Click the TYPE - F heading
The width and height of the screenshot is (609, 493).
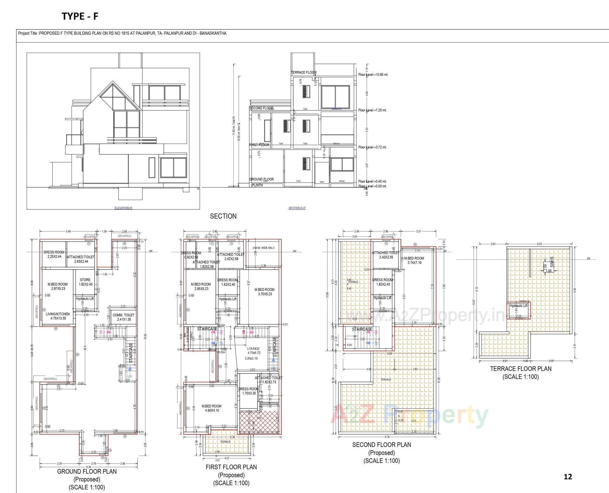[x=80, y=16]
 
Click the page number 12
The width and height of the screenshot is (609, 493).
[x=568, y=477]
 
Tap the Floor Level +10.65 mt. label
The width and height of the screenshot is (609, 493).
[x=373, y=75]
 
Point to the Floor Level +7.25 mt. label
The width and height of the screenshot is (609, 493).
[x=372, y=110]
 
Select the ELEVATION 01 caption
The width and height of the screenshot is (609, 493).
[x=124, y=208]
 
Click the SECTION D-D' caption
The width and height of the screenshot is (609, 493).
[x=297, y=208]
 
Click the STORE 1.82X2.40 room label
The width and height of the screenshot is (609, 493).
[x=85, y=282]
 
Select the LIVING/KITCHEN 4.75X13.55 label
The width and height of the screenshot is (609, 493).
[x=58, y=316]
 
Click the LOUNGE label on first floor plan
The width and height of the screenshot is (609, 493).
[x=253, y=349]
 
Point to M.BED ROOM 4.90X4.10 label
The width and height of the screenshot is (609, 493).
[x=212, y=408]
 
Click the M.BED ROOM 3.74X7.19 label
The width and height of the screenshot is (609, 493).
[x=414, y=260]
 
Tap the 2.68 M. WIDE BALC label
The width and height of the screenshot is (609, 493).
[x=264, y=248]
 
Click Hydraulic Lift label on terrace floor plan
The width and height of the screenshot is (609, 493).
[x=519, y=306]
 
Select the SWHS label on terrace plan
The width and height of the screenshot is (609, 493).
[x=552, y=262]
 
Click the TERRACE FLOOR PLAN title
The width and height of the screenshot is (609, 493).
[x=521, y=369]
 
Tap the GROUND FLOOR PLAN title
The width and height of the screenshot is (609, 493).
[x=87, y=471]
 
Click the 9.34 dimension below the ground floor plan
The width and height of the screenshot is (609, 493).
[x=89, y=467]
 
